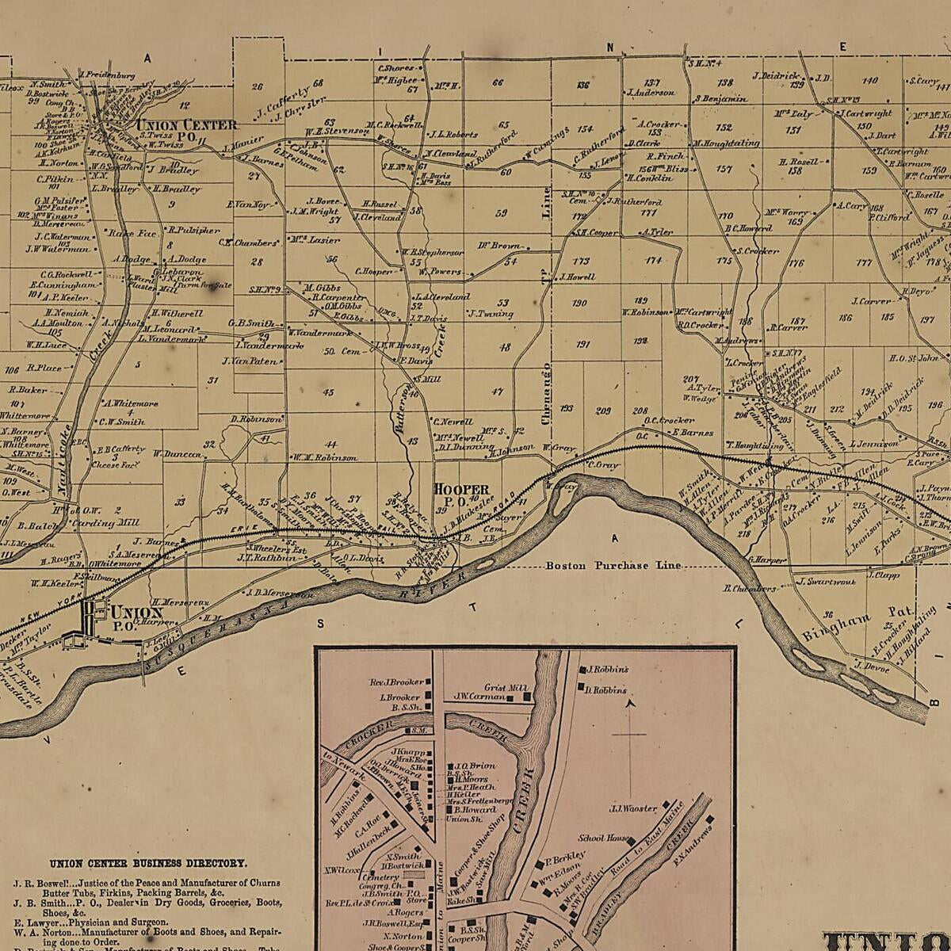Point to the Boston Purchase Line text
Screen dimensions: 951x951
click(613, 566)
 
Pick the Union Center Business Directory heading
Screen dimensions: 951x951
click(147, 864)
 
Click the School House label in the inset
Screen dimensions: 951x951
click(604, 838)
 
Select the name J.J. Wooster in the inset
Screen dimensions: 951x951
click(633, 808)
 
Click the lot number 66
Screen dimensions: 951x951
click(498, 82)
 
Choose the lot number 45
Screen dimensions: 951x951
click(328, 392)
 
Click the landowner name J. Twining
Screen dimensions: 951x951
click(491, 314)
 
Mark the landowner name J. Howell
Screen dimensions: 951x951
click(577, 277)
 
